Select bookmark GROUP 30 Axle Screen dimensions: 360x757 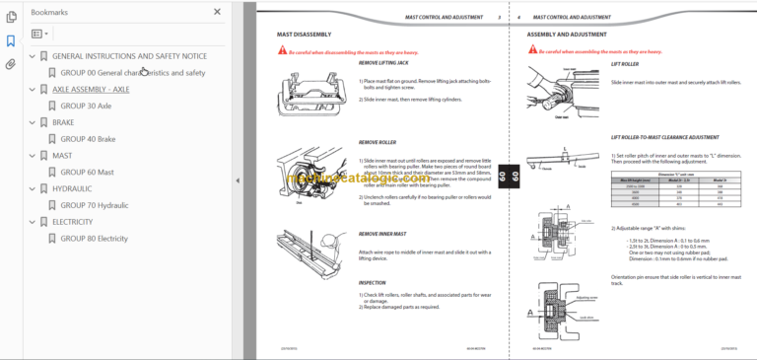[86, 105]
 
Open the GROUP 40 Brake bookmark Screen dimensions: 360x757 [88, 139]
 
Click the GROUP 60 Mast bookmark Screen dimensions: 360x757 [86, 173]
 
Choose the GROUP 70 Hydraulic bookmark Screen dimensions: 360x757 [95, 205]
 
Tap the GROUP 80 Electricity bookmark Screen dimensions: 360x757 [95, 239]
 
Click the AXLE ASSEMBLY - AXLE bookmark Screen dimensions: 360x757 [91, 89]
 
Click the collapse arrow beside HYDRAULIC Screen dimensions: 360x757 [33, 189]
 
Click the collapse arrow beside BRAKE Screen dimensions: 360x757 [33, 122]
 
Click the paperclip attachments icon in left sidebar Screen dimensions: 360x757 [10, 64]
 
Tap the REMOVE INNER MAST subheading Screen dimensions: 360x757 [380, 234]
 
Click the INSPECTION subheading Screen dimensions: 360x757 [372, 282]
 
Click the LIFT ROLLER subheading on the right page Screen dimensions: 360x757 [625, 62]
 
